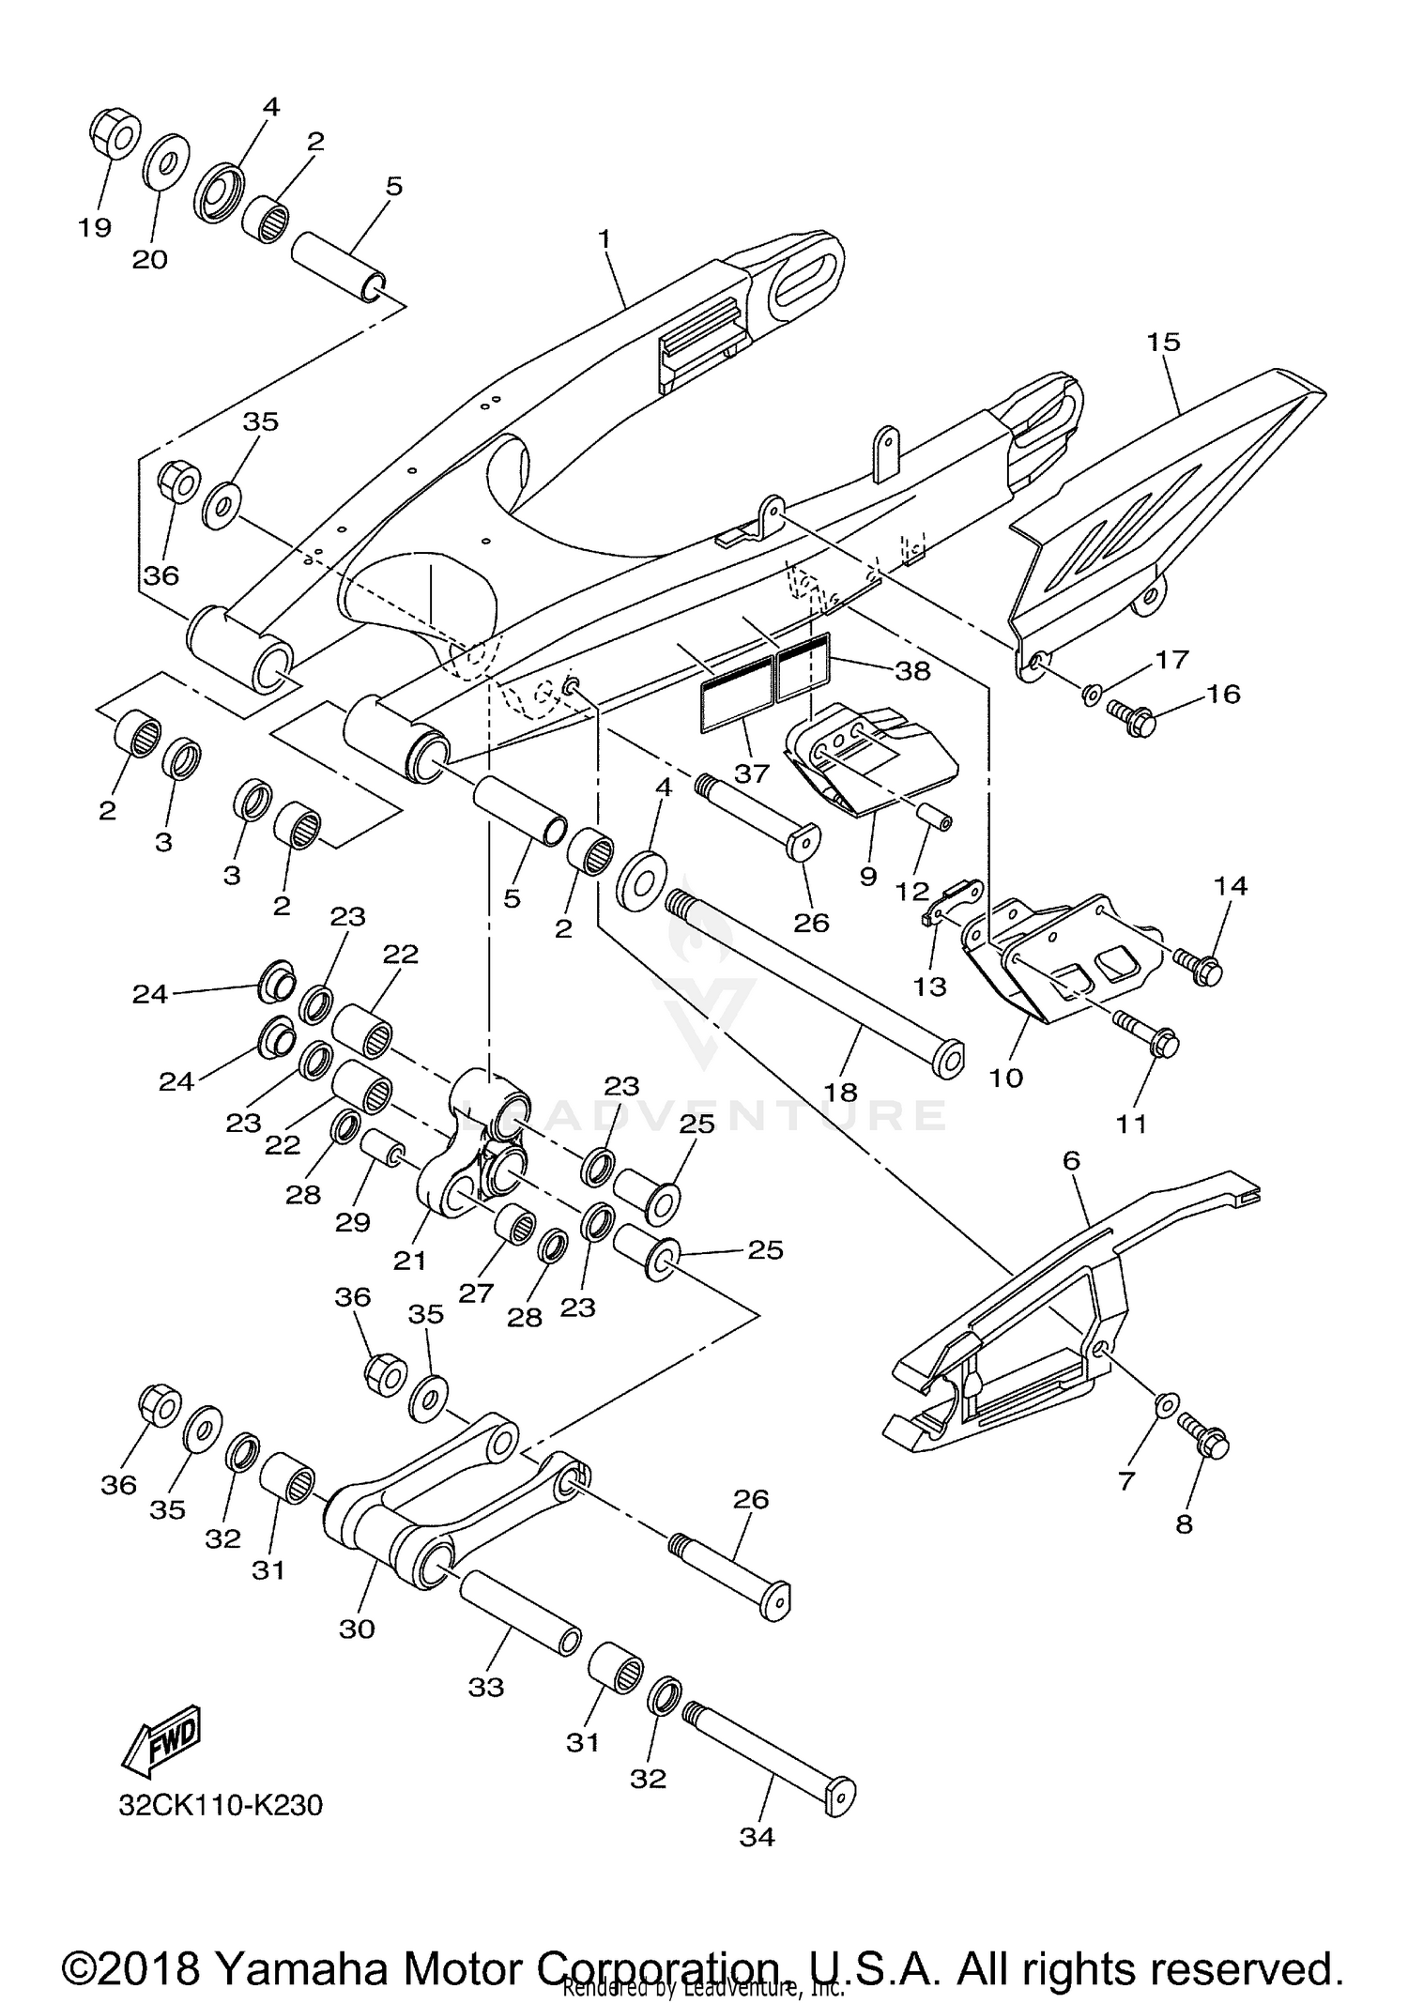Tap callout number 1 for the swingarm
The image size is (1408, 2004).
[605, 239]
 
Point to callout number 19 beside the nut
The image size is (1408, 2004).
[95, 227]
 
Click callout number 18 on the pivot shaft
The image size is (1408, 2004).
[842, 1092]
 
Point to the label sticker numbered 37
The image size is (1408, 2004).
[735, 695]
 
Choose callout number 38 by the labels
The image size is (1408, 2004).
[912, 670]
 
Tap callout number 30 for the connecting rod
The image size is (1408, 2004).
[357, 1629]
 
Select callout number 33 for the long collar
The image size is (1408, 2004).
[486, 1687]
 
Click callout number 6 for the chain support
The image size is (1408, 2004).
[1071, 1161]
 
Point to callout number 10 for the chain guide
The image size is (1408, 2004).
[1005, 1078]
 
